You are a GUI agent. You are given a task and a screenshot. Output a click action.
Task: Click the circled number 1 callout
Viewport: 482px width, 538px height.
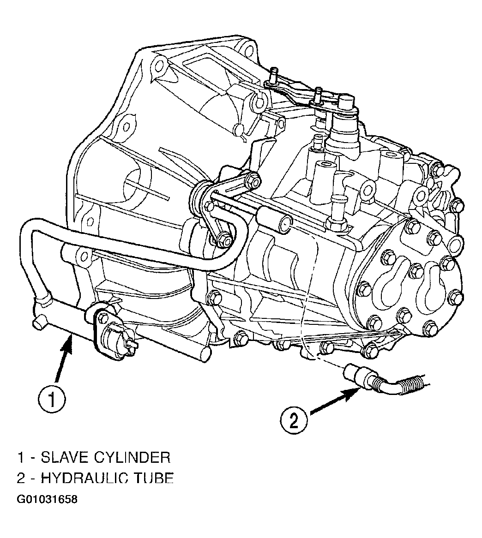(51, 400)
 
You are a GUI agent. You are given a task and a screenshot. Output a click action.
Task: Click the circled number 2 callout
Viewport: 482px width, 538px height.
(294, 420)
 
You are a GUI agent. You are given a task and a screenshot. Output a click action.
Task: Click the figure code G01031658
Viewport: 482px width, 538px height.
(47, 499)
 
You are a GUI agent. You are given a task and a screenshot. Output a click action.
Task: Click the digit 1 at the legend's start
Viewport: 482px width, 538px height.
(21, 457)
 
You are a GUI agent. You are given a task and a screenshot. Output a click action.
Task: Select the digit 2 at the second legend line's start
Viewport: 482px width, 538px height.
(21, 478)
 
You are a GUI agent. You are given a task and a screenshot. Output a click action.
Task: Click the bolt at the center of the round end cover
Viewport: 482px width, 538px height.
(416, 271)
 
